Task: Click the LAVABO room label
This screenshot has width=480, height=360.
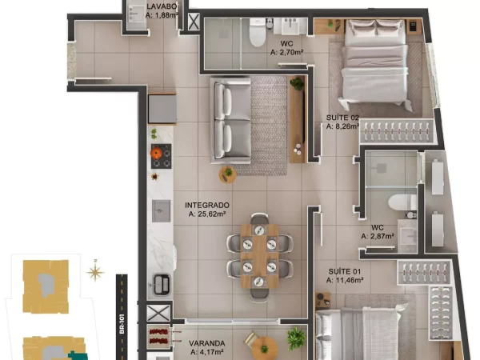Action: pyautogui.click(x=162, y=6)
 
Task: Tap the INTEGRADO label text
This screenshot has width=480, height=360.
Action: pyautogui.click(x=207, y=205)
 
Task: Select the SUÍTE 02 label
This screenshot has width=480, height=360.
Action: pyautogui.click(x=342, y=118)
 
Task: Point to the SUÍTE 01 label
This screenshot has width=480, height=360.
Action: pyautogui.click(x=344, y=271)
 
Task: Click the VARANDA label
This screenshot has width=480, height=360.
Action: pyautogui.click(x=207, y=343)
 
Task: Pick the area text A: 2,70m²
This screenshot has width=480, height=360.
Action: pyautogui.click(x=287, y=52)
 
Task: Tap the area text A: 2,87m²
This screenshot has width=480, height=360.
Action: pyautogui.click(x=378, y=236)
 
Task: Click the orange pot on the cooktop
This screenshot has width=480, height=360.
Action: pyautogui.click(x=157, y=153)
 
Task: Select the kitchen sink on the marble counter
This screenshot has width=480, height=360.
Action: pyautogui.click(x=162, y=211)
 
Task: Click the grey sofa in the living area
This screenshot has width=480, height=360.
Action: pyautogui.click(x=231, y=121)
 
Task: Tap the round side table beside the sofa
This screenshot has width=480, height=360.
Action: pyautogui.click(x=227, y=174)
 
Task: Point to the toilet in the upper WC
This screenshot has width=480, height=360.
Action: pyautogui.click(x=257, y=33)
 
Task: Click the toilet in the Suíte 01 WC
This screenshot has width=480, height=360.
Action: pyautogui.click(x=402, y=202)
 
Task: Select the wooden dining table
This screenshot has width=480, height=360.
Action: pyautogui.click(x=259, y=256)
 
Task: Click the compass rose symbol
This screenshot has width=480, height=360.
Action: pyautogui.click(x=95, y=271)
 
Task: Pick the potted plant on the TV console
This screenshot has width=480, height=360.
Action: pyautogui.click(x=297, y=83)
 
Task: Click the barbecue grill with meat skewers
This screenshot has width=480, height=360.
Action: pyautogui.click(x=159, y=337)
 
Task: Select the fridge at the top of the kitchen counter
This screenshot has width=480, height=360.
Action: pyautogui.click(x=162, y=109)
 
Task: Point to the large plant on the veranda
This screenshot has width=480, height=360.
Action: pyautogui.click(x=296, y=338)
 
